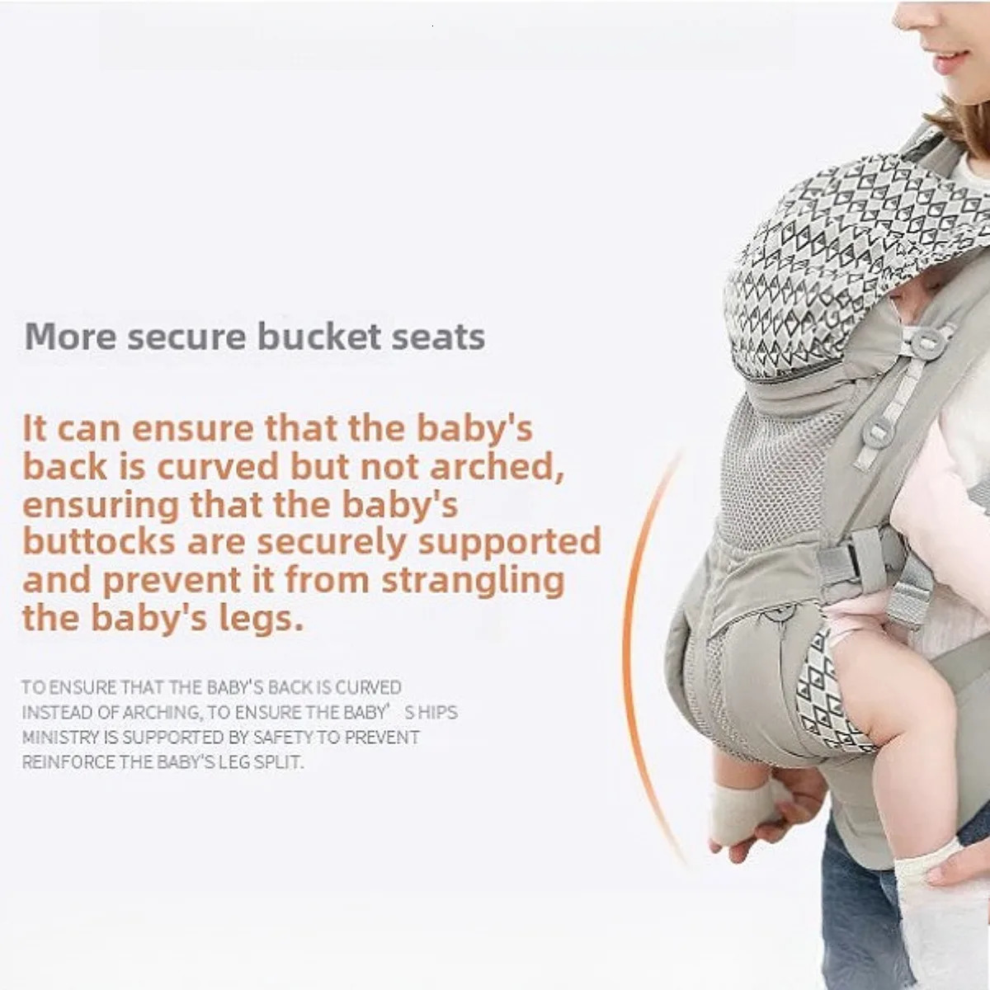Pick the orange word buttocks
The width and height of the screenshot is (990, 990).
[98, 542]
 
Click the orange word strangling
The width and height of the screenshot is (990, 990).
[473, 580]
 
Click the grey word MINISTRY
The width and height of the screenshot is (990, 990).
[60, 737]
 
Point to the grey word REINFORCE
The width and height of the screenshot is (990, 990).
[68, 761]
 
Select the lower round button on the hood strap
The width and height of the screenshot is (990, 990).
[879, 428]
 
